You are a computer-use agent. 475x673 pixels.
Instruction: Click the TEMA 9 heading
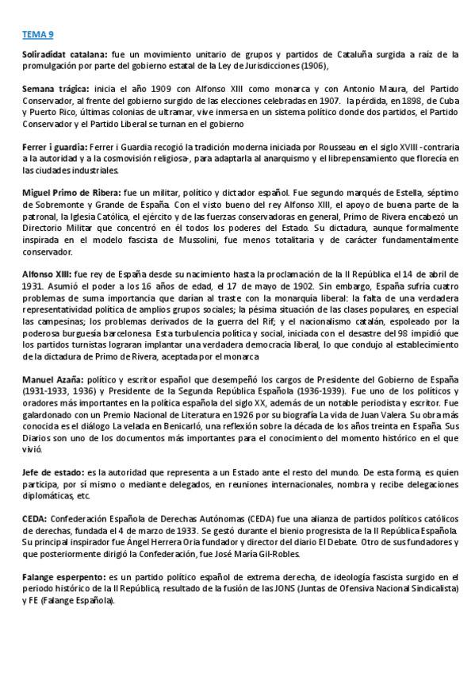(x=38, y=35)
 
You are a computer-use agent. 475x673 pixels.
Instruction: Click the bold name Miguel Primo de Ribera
(x=71, y=194)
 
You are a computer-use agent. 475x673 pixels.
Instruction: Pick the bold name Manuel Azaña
(x=51, y=379)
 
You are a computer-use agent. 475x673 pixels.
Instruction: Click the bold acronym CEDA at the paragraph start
(x=35, y=518)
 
